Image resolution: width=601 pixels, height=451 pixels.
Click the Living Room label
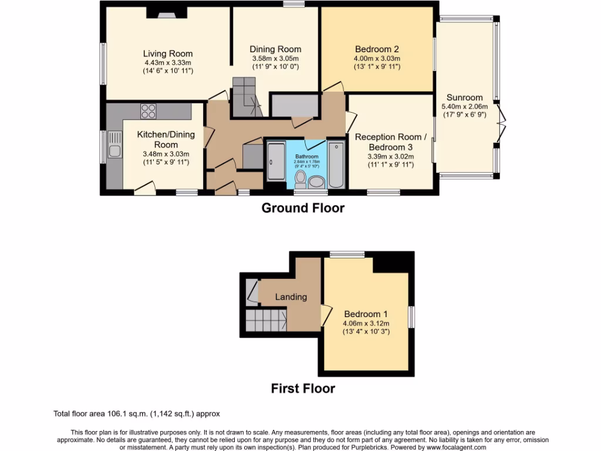coord(168,54)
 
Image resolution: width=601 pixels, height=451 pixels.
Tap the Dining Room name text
coord(275,49)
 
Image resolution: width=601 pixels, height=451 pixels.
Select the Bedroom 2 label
coord(377,49)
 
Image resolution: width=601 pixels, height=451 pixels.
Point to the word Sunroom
coord(464,97)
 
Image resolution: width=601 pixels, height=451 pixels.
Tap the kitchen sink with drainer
coord(113,147)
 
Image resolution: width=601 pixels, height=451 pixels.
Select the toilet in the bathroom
coord(300,177)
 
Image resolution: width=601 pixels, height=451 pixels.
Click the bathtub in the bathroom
coord(336,164)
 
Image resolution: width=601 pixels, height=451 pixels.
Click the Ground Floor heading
coord(302,208)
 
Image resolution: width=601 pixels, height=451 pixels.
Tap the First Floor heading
coord(302,388)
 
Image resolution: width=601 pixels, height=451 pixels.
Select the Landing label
coord(291,297)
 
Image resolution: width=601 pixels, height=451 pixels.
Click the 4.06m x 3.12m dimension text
coord(366,323)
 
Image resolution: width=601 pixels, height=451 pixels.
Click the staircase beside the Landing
coord(265,321)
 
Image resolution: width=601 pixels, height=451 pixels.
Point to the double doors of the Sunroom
coord(499,123)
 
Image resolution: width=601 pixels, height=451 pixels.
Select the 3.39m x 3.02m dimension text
coord(391,156)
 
